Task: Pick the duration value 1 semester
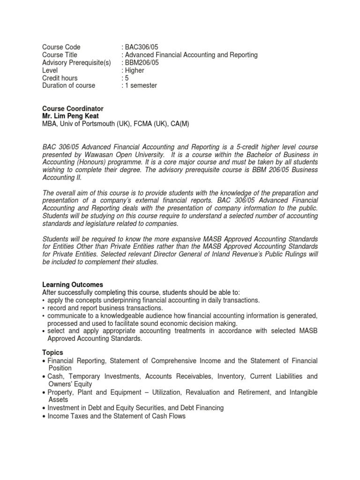[x=141, y=85]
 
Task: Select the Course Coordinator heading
[x=73, y=108]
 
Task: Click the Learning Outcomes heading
[x=73, y=285]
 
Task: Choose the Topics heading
[x=52, y=352]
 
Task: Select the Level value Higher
[x=135, y=70]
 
